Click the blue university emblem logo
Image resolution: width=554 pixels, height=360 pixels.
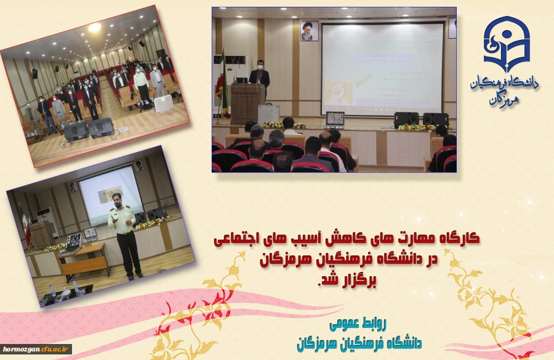click(x=506, y=44)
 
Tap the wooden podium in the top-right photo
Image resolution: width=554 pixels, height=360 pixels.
click(x=247, y=103)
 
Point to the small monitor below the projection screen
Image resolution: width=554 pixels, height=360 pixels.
click(x=335, y=119)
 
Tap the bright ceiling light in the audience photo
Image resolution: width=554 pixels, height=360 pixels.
click(x=94, y=28)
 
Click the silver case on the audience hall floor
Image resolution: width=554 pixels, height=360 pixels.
click(x=162, y=105)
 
